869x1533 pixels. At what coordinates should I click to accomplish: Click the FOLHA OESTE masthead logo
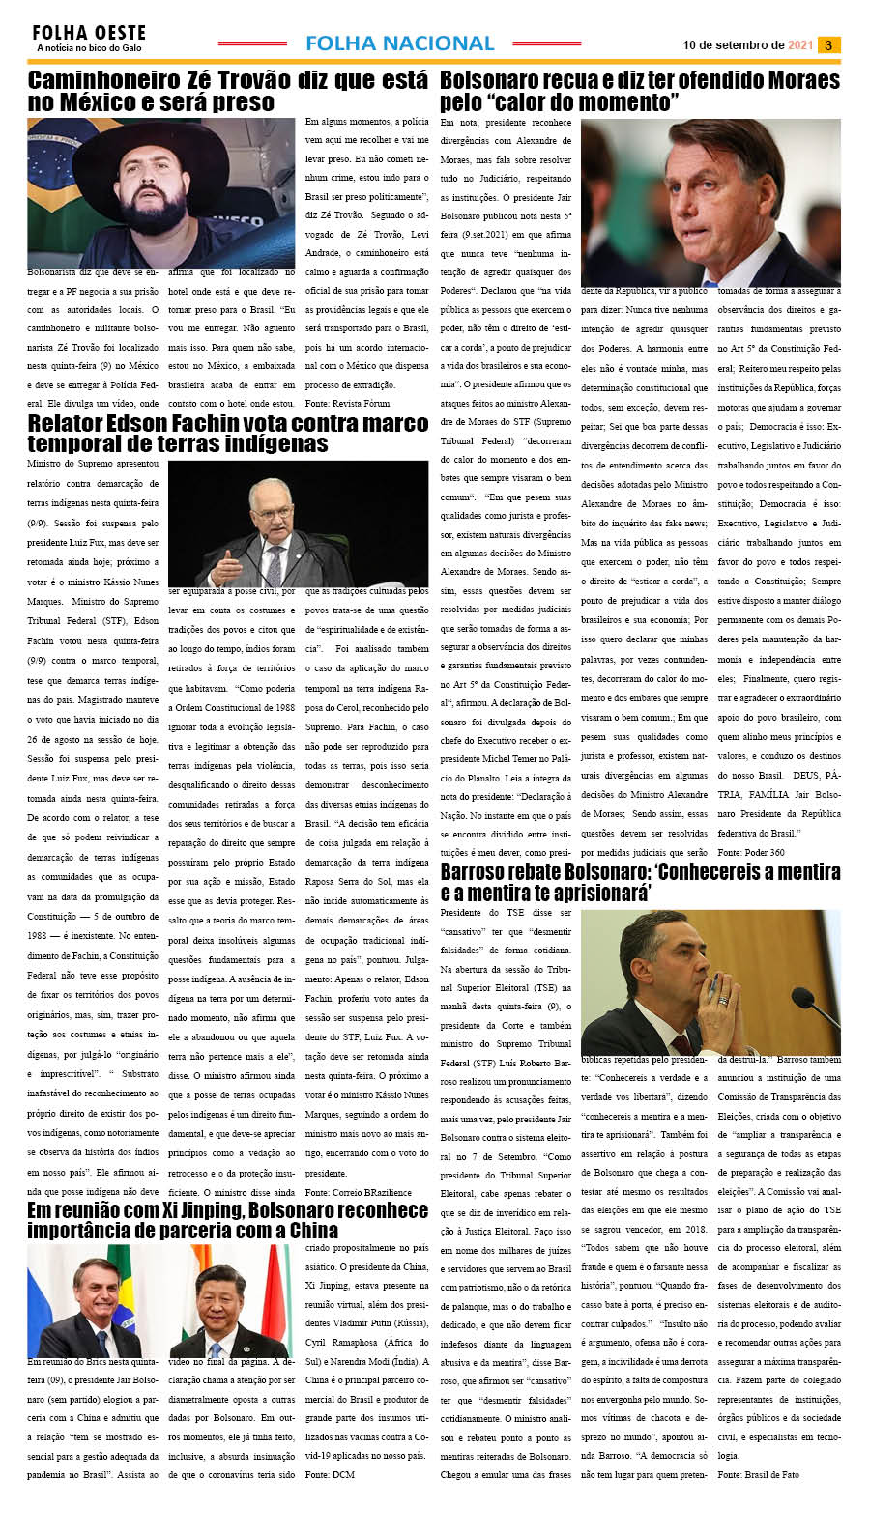click(x=89, y=38)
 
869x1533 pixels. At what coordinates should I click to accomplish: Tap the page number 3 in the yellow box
click(x=828, y=44)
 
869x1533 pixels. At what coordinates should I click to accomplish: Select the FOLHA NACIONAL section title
click(x=399, y=43)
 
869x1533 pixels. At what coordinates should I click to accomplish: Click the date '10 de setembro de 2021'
click(x=747, y=44)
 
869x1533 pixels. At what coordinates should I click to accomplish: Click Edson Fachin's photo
click(x=298, y=523)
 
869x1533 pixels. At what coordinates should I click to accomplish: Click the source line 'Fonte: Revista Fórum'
click(x=347, y=404)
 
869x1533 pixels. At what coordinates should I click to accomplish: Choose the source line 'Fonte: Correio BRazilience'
click(x=358, y=1192)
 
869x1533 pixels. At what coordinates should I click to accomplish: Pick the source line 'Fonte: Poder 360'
click(x=751, y=853)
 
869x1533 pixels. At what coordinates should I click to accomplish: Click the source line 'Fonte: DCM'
click(x=329, y=1475)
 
